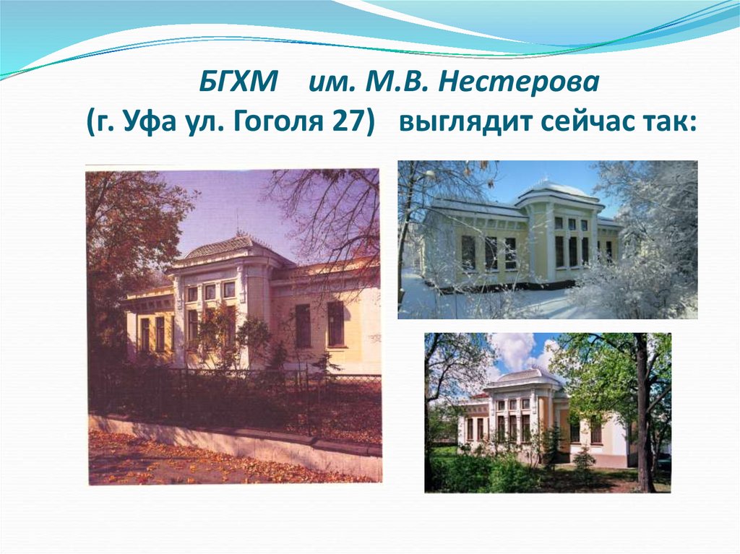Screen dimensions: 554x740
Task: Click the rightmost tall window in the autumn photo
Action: (335, 323)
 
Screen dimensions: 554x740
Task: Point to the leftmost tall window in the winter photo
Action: (468, 253)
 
